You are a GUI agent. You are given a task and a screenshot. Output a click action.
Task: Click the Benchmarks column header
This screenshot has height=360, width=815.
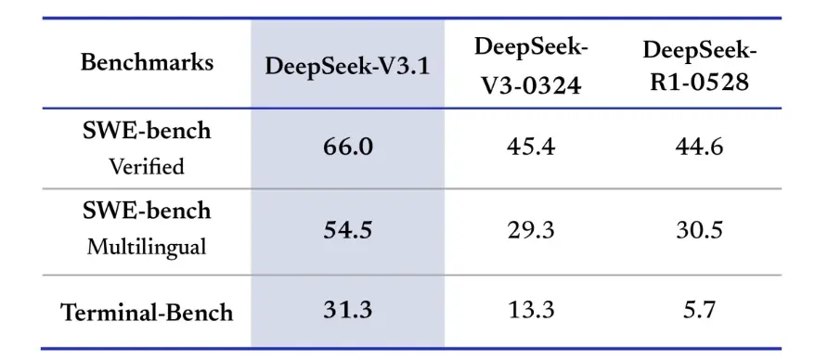(147, 63)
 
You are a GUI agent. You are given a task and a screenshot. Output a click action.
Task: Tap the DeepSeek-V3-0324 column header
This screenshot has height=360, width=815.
(532, 65)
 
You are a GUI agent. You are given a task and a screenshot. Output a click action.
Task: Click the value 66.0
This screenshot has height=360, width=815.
(347, 147)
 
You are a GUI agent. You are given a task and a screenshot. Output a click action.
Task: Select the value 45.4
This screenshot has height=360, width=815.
(532, 147)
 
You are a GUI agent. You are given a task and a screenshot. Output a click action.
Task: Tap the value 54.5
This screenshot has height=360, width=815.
(347, 230)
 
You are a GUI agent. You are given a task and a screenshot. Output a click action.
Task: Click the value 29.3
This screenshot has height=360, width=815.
(532, 230)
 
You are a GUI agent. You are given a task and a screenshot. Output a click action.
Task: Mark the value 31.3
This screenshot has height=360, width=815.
(347, 311)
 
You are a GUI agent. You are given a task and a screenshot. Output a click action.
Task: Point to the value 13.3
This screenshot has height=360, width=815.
(532, 311)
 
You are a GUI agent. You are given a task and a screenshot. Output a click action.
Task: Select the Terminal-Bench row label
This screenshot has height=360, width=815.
(147, 312)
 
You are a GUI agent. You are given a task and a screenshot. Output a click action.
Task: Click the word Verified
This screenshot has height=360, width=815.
(147, 166)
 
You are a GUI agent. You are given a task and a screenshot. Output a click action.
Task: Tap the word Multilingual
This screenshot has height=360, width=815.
(147, 249)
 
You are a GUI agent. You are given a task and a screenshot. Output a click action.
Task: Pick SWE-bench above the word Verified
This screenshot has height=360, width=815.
(147, 131)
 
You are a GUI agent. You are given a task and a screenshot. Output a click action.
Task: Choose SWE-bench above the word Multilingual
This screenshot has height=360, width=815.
(147, 212)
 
